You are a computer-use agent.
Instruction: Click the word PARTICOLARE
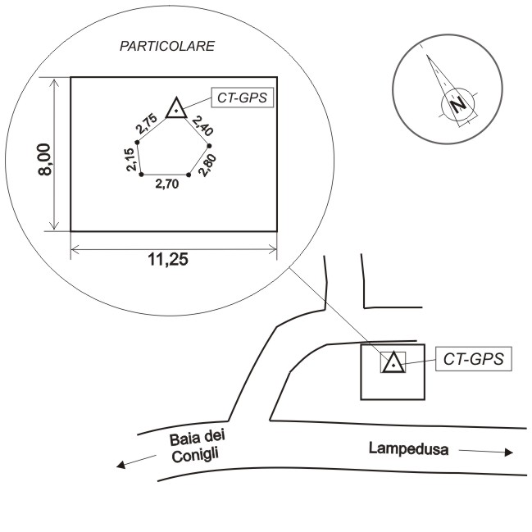(x=167, y=46)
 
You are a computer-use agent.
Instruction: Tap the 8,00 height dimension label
(x=44, y=160)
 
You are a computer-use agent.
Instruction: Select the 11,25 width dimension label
(x=168, y=260)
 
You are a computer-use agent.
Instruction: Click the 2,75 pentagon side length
(x=147, y=124)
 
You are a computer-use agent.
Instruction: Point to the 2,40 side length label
(x=202, y=125)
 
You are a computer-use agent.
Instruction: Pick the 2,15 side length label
(x=131, y=160)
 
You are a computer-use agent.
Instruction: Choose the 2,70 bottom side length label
(x=167, y=184)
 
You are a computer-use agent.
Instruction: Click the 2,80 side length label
(x=207, y=166)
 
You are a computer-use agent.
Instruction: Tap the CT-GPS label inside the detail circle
(x=243, y=98)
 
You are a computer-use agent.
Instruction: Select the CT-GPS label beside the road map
(x=474, y=359)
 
